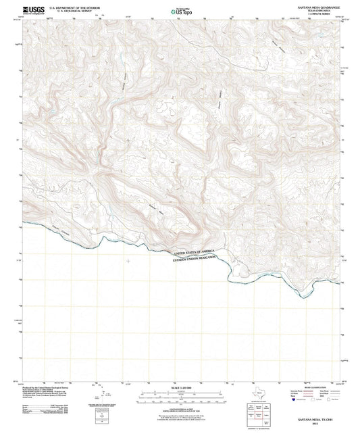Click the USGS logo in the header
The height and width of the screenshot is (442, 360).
[x=32, y=9]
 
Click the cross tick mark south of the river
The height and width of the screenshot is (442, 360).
[x=128, y=260]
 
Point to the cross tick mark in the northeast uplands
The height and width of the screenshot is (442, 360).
[x=234, y=140]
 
